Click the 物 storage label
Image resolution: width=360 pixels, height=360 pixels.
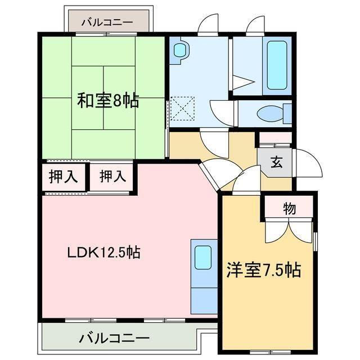(x=289, y=209)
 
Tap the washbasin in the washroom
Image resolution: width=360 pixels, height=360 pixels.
(x=179, y=50)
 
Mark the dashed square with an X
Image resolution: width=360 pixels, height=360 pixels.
(x=182, y=109)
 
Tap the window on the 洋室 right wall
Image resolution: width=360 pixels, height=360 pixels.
(x=316, y=242)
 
